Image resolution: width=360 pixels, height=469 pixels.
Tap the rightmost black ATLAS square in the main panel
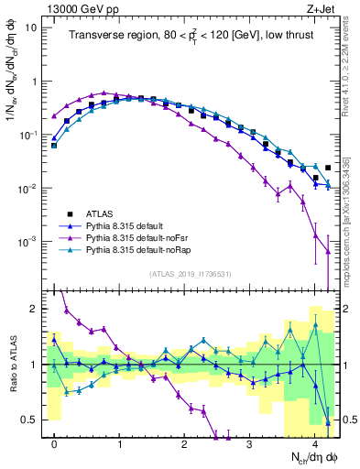tap(328, 168)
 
